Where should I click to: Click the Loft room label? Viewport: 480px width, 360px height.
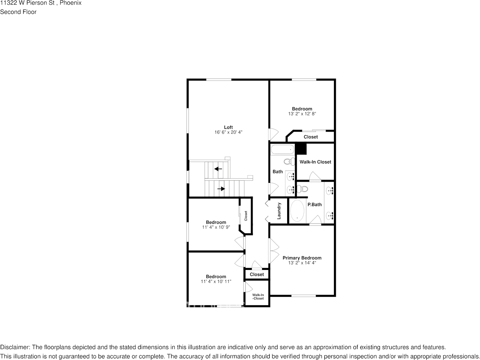228,127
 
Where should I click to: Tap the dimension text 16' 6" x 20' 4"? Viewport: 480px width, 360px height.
228,132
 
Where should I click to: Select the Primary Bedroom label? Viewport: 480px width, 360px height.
302,258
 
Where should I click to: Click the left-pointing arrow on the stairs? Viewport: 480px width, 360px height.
218,169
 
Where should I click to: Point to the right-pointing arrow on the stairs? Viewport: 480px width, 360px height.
221,189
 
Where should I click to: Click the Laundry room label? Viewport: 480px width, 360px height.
279,211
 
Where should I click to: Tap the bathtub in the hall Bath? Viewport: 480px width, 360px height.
282,149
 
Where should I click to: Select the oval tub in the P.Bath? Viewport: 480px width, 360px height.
297,211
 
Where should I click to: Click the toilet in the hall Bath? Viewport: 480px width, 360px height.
290,162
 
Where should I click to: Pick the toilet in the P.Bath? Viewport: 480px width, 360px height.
302,189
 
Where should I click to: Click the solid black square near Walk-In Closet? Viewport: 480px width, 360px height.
301,149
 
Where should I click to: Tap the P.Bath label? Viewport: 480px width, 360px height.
315,205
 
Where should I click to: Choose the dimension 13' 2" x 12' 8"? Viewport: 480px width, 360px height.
302,114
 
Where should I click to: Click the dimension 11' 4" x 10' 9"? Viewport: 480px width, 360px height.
216,227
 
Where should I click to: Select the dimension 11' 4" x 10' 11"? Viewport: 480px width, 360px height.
216,281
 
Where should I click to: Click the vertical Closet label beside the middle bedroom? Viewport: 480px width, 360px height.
246,216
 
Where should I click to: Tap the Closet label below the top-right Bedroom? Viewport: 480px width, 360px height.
311,137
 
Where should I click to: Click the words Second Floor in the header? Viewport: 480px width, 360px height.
18,12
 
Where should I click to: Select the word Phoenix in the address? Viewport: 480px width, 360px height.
71,3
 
